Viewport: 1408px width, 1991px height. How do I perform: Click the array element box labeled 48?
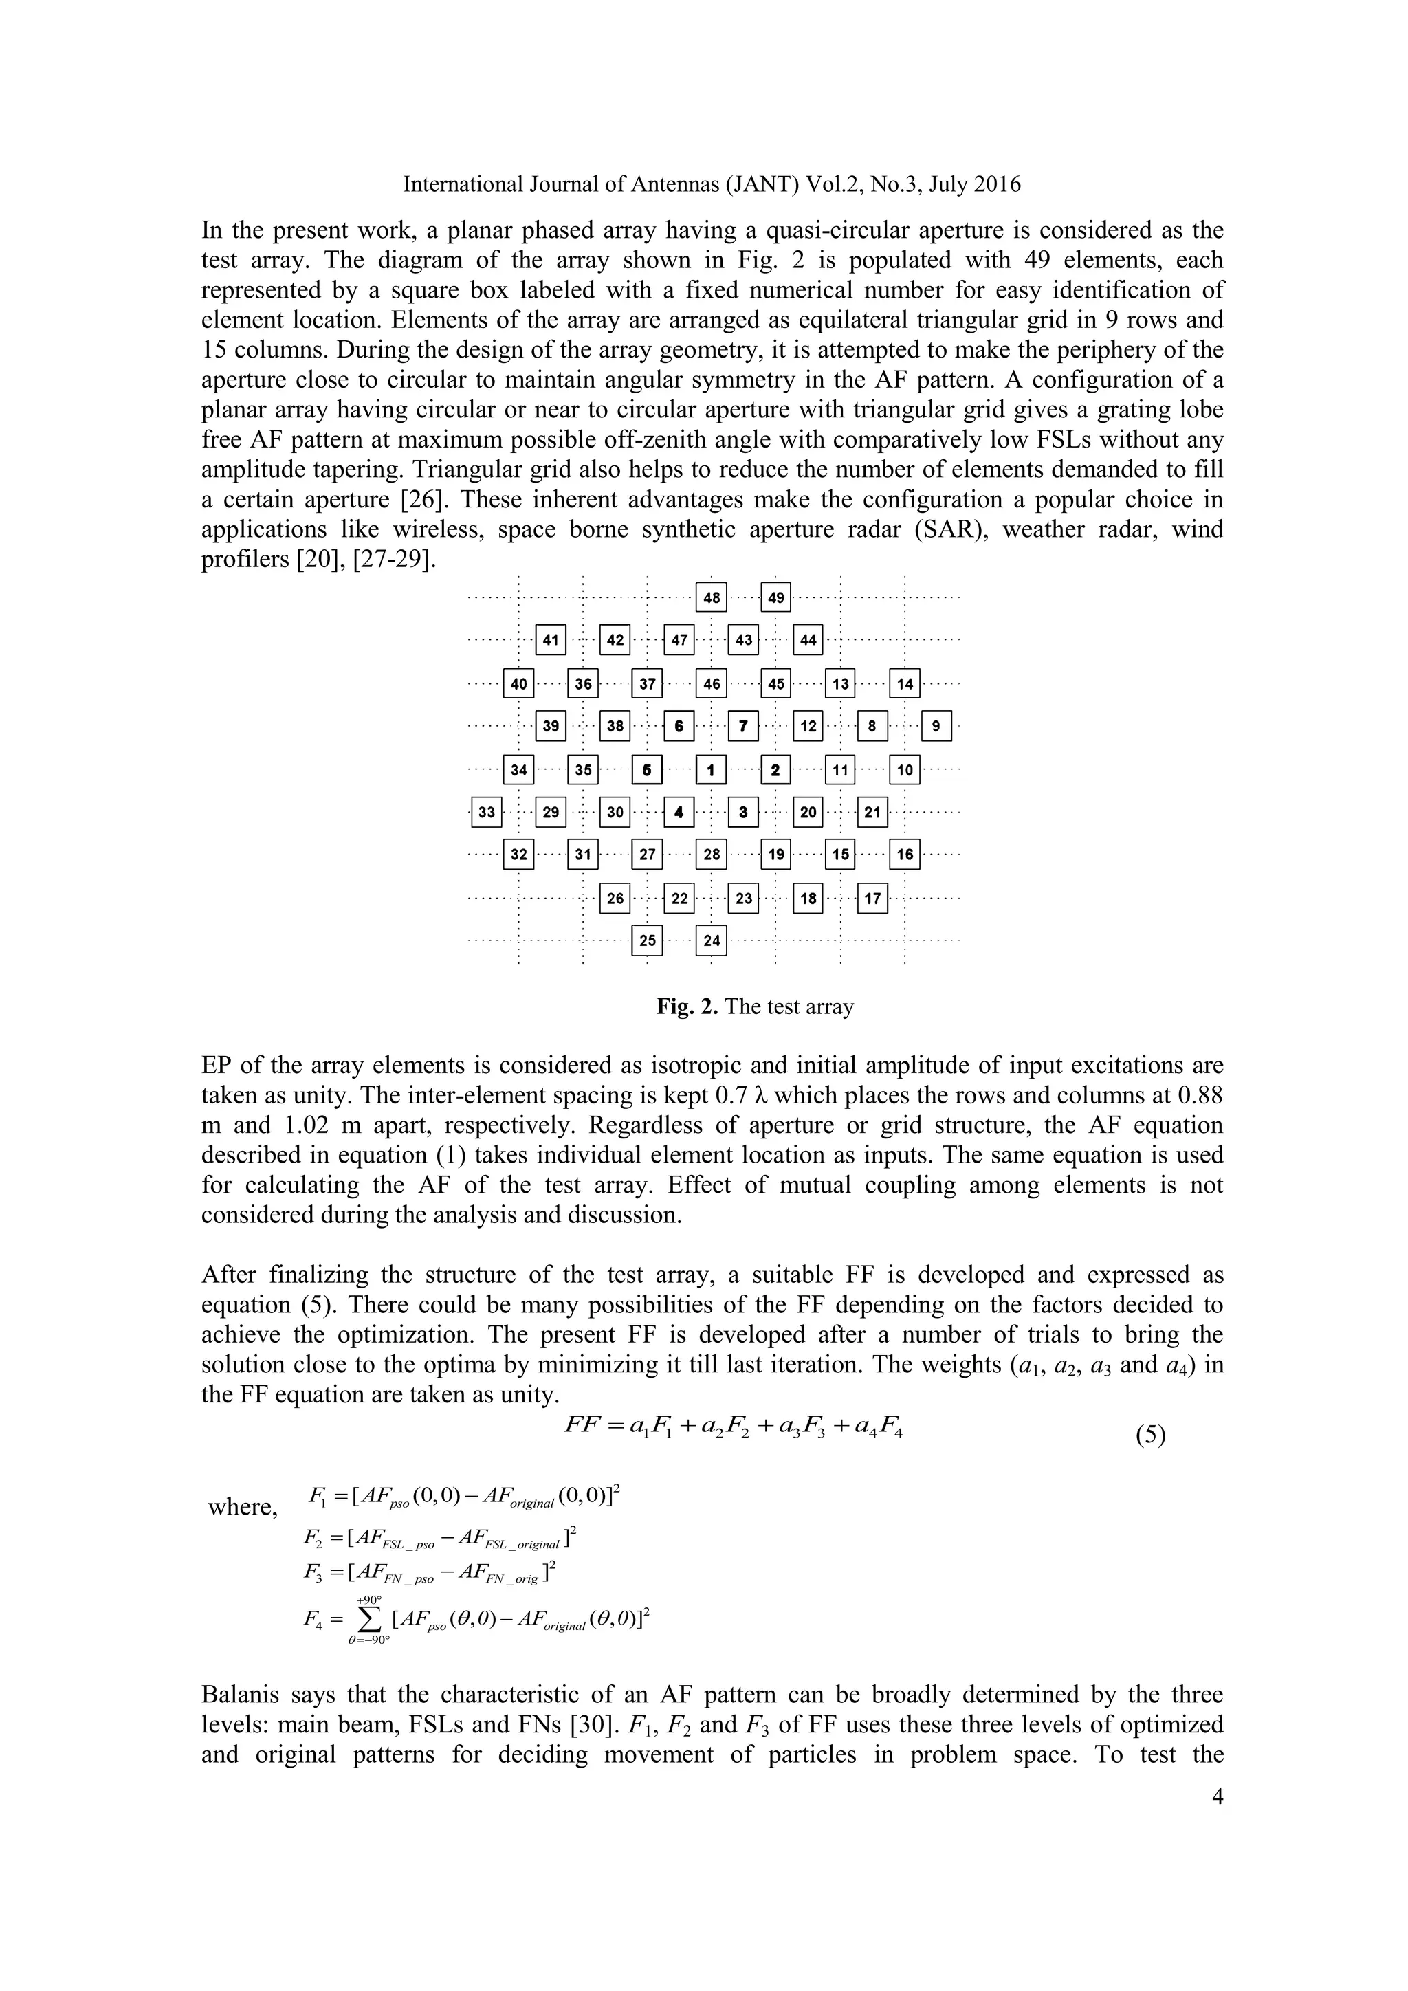pyautogui.click(x=711, y=597)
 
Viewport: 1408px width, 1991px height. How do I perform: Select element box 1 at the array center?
pyautogui.click(x=711, y=769)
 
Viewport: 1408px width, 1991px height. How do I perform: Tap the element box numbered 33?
pyautogui.click(x=486, y=813)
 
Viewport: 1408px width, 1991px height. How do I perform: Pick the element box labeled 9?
pyautogui.click(x=936, y=727)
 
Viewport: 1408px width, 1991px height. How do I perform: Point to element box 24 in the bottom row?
pyautogui.click(x=711, y=940)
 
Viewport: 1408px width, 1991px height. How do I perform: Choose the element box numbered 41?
pyautogui.click(x=551, y=641)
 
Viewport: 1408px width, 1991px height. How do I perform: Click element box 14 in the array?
pyautogui.click(x=904, y=684)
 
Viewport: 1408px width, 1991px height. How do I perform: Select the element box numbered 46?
pyautogui.click(x=711, y=684)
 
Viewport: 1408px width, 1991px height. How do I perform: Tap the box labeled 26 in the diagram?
pyautogui.click(x=615, y=899)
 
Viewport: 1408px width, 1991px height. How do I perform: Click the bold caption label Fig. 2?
pyautogui.click(x=687, y=1006)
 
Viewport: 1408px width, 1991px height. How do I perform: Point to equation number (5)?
pyautogui.click(x=1150, y=1435)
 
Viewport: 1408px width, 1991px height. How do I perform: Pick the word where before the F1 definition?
pyautogui.click(x=243, y=1507)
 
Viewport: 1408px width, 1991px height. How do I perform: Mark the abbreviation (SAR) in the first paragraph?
pyautogui.click(x=949, y=530)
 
